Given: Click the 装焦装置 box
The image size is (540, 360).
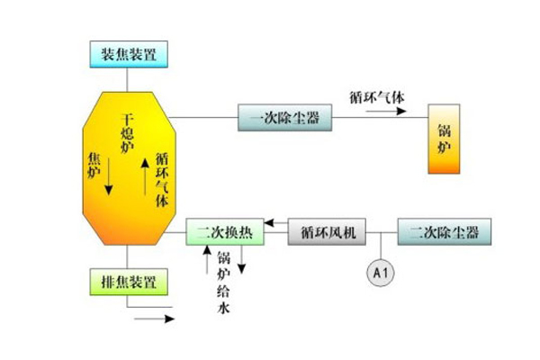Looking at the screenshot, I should pyautogui.click(x=127, y=54).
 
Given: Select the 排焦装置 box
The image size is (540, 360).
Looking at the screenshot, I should pyautogui.click(x=126, y=282).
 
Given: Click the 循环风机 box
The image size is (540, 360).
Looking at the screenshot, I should pyautogui.click(x=328, y=233).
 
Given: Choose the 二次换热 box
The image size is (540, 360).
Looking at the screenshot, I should pyautogui.click(x=225, y=233).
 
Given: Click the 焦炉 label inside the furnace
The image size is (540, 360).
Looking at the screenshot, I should pyautogui.click(x=94, y=167).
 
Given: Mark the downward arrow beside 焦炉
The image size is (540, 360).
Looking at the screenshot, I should pyautogui.click(x=110, y=175).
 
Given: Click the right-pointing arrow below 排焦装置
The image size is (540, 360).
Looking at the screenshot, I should pyautogui.click(x=154, y=317).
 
